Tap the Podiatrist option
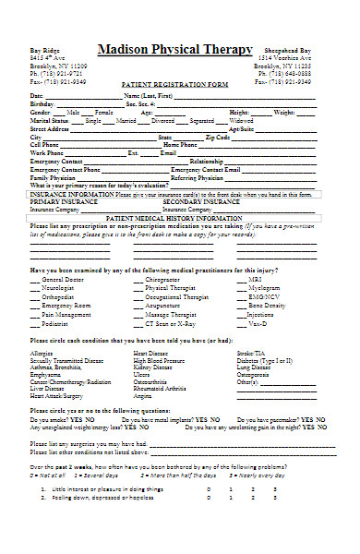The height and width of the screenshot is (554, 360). point(55,324)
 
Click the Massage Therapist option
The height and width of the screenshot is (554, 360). point(171,315)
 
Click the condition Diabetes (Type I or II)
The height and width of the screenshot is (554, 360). point(265,359)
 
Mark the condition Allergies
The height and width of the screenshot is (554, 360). point(42,354)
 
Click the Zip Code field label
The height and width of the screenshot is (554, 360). point(218,138)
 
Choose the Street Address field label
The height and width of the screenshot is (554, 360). point(50,129)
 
